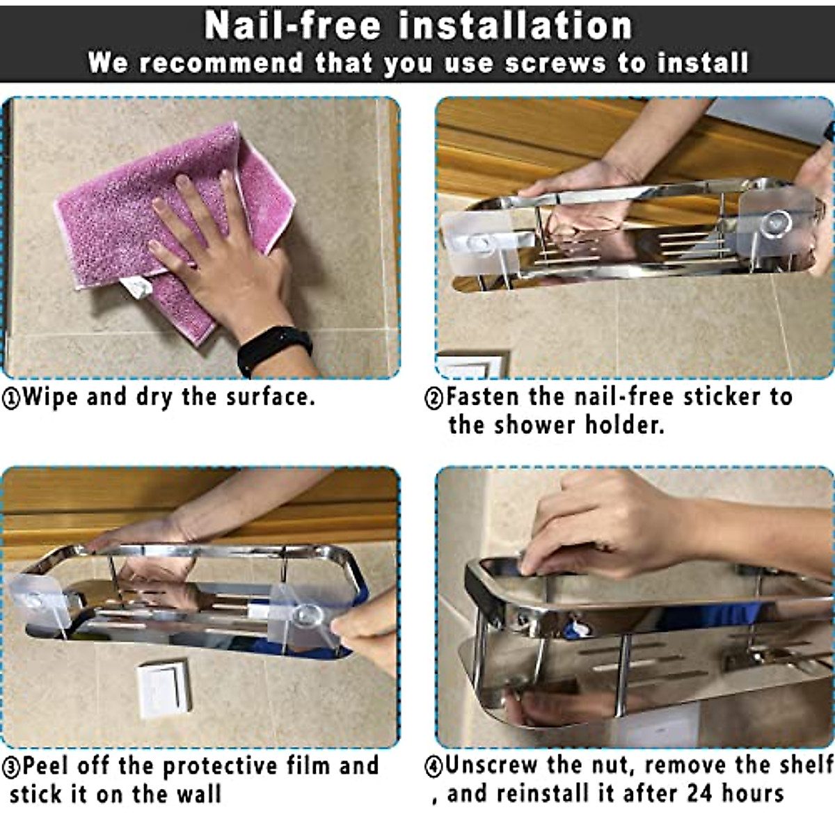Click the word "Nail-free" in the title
click(292, 26)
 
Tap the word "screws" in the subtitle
click(555, 63)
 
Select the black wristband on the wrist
click(275, 349)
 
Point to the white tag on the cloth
click(136, 287)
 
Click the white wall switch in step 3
click(164, 688)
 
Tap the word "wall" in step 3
click(198, 795)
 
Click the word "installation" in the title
click(516, 26)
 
